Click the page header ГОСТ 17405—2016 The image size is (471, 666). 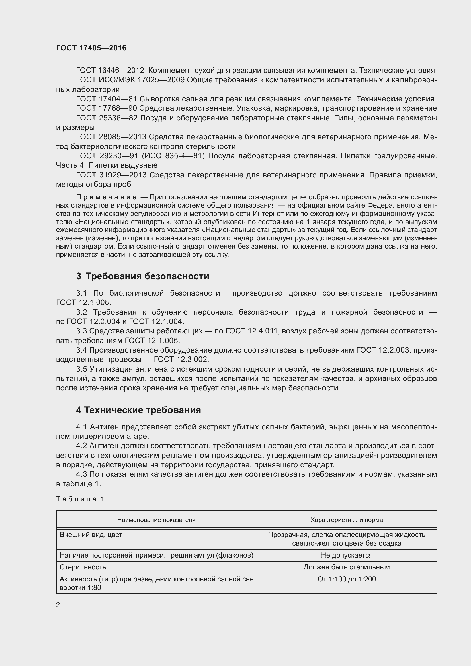[91, 48]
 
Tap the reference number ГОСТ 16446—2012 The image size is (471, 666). [110, 71]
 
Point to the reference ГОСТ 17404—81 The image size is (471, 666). [106, 99]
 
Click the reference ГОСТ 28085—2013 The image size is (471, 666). [112, 137]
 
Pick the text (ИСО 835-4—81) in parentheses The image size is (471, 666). [173, 156]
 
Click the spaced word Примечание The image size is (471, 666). [106, 197]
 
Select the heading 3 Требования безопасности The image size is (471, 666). [142, 276]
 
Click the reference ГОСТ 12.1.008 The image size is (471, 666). [83, 303]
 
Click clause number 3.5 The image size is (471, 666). [81, 369]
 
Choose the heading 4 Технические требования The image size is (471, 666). [138, 410]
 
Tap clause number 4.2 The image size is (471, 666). [81, 446]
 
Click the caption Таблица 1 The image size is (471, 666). [80, 499]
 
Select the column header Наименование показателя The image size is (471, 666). [156, 520]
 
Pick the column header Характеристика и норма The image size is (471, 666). [347, 520]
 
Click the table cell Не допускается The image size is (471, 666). [347, 555]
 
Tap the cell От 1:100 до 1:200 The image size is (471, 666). [347, 579]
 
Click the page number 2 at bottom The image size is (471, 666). [58, 605]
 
